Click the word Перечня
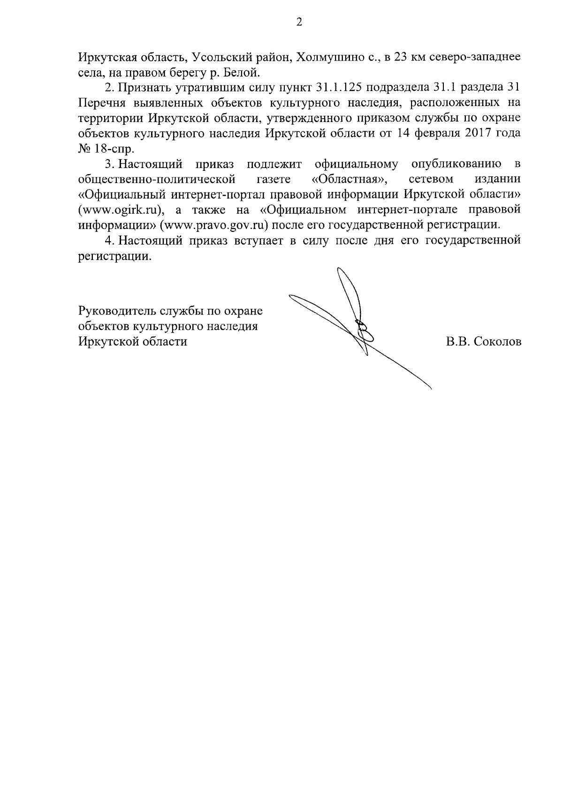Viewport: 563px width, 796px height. pos(100,103)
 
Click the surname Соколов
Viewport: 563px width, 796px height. pos(497,342)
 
